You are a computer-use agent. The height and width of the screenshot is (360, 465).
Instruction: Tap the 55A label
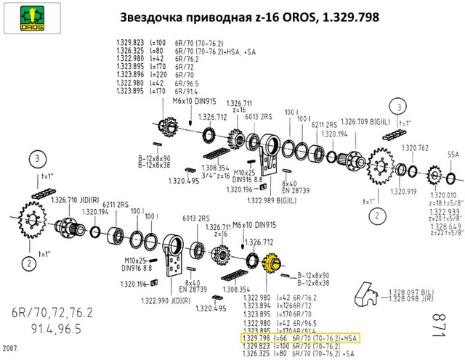tap(453, 155)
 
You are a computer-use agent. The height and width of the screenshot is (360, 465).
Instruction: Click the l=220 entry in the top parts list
tap(156, 73)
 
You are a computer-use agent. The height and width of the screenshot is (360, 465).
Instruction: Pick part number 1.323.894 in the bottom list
tap(255, 306)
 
